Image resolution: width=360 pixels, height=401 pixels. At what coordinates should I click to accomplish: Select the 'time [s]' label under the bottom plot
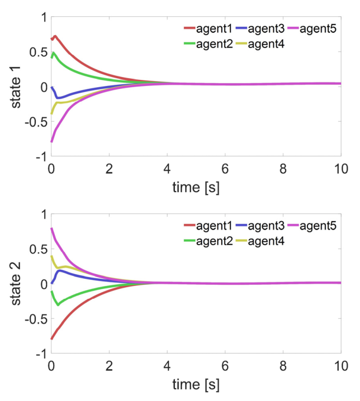195,385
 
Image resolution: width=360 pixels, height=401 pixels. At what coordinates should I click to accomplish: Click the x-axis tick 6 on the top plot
225,170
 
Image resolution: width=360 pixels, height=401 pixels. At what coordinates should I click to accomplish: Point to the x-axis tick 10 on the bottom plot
340,367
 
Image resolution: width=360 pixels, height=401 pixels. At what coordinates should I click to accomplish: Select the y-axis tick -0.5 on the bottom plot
34,319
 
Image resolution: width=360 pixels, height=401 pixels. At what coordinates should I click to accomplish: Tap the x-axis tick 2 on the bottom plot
109,367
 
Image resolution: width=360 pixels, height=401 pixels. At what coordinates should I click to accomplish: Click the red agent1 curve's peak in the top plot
55,36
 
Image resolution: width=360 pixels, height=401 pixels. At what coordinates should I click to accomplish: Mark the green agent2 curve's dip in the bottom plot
58,304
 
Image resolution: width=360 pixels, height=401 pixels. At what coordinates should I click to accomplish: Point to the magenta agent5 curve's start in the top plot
51,142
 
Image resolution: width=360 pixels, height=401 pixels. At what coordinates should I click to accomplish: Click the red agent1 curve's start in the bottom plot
51,338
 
